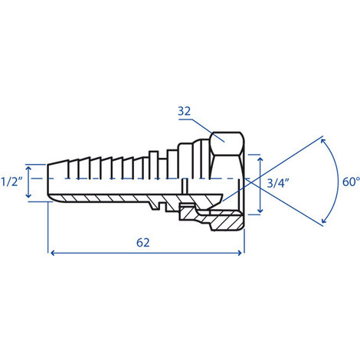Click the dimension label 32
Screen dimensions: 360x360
click(x=184, y=111)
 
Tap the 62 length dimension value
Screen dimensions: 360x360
click(x=143, y=243)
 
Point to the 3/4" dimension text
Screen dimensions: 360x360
click(x=278, y=183)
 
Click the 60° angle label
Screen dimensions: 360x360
click(x=351, y=182)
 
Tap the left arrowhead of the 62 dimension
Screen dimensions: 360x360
click(x=53, y=253)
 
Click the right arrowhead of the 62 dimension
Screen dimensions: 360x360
click(x=240, y=253)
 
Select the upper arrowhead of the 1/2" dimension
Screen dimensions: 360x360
click(x=28, y=168)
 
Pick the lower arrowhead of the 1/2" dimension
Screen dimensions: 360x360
click(x=28, y=195)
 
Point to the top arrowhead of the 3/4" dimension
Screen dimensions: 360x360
click(x=260, y=160)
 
